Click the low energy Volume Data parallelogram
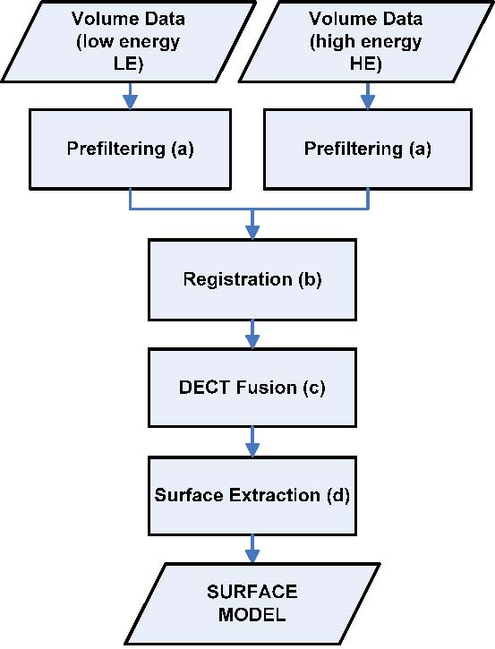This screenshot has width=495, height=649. coord(128,41)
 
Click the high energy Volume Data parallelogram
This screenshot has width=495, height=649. coord(366,41)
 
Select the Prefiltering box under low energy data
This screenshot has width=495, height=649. coord(131,149)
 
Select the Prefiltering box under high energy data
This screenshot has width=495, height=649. coord(368,149)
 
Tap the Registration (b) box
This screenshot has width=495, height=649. coord(252,279)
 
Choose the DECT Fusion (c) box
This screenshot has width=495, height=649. coord(252,388)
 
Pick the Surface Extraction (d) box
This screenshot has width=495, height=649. coord(252,495)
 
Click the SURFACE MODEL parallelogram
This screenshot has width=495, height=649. coord(252,603)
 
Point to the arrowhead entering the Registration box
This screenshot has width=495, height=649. coord(252,232)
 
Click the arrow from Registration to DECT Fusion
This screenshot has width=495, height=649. coord(252,334)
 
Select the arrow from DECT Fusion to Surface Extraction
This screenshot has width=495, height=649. coord(252,441)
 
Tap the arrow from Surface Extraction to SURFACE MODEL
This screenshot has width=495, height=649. coord(252,549)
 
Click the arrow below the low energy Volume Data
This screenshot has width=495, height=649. coord(131,96)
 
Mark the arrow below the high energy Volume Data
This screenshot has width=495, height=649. coord(368,96)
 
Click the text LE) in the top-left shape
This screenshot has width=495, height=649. coord(128,64)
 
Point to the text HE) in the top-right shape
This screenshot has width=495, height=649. coord(366,64)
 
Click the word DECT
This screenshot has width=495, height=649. coord(205,388)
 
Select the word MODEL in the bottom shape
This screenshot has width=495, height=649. coord(252,614)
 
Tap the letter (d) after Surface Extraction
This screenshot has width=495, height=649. coord(338,495)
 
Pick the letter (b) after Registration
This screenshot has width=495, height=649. coord(310,279)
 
